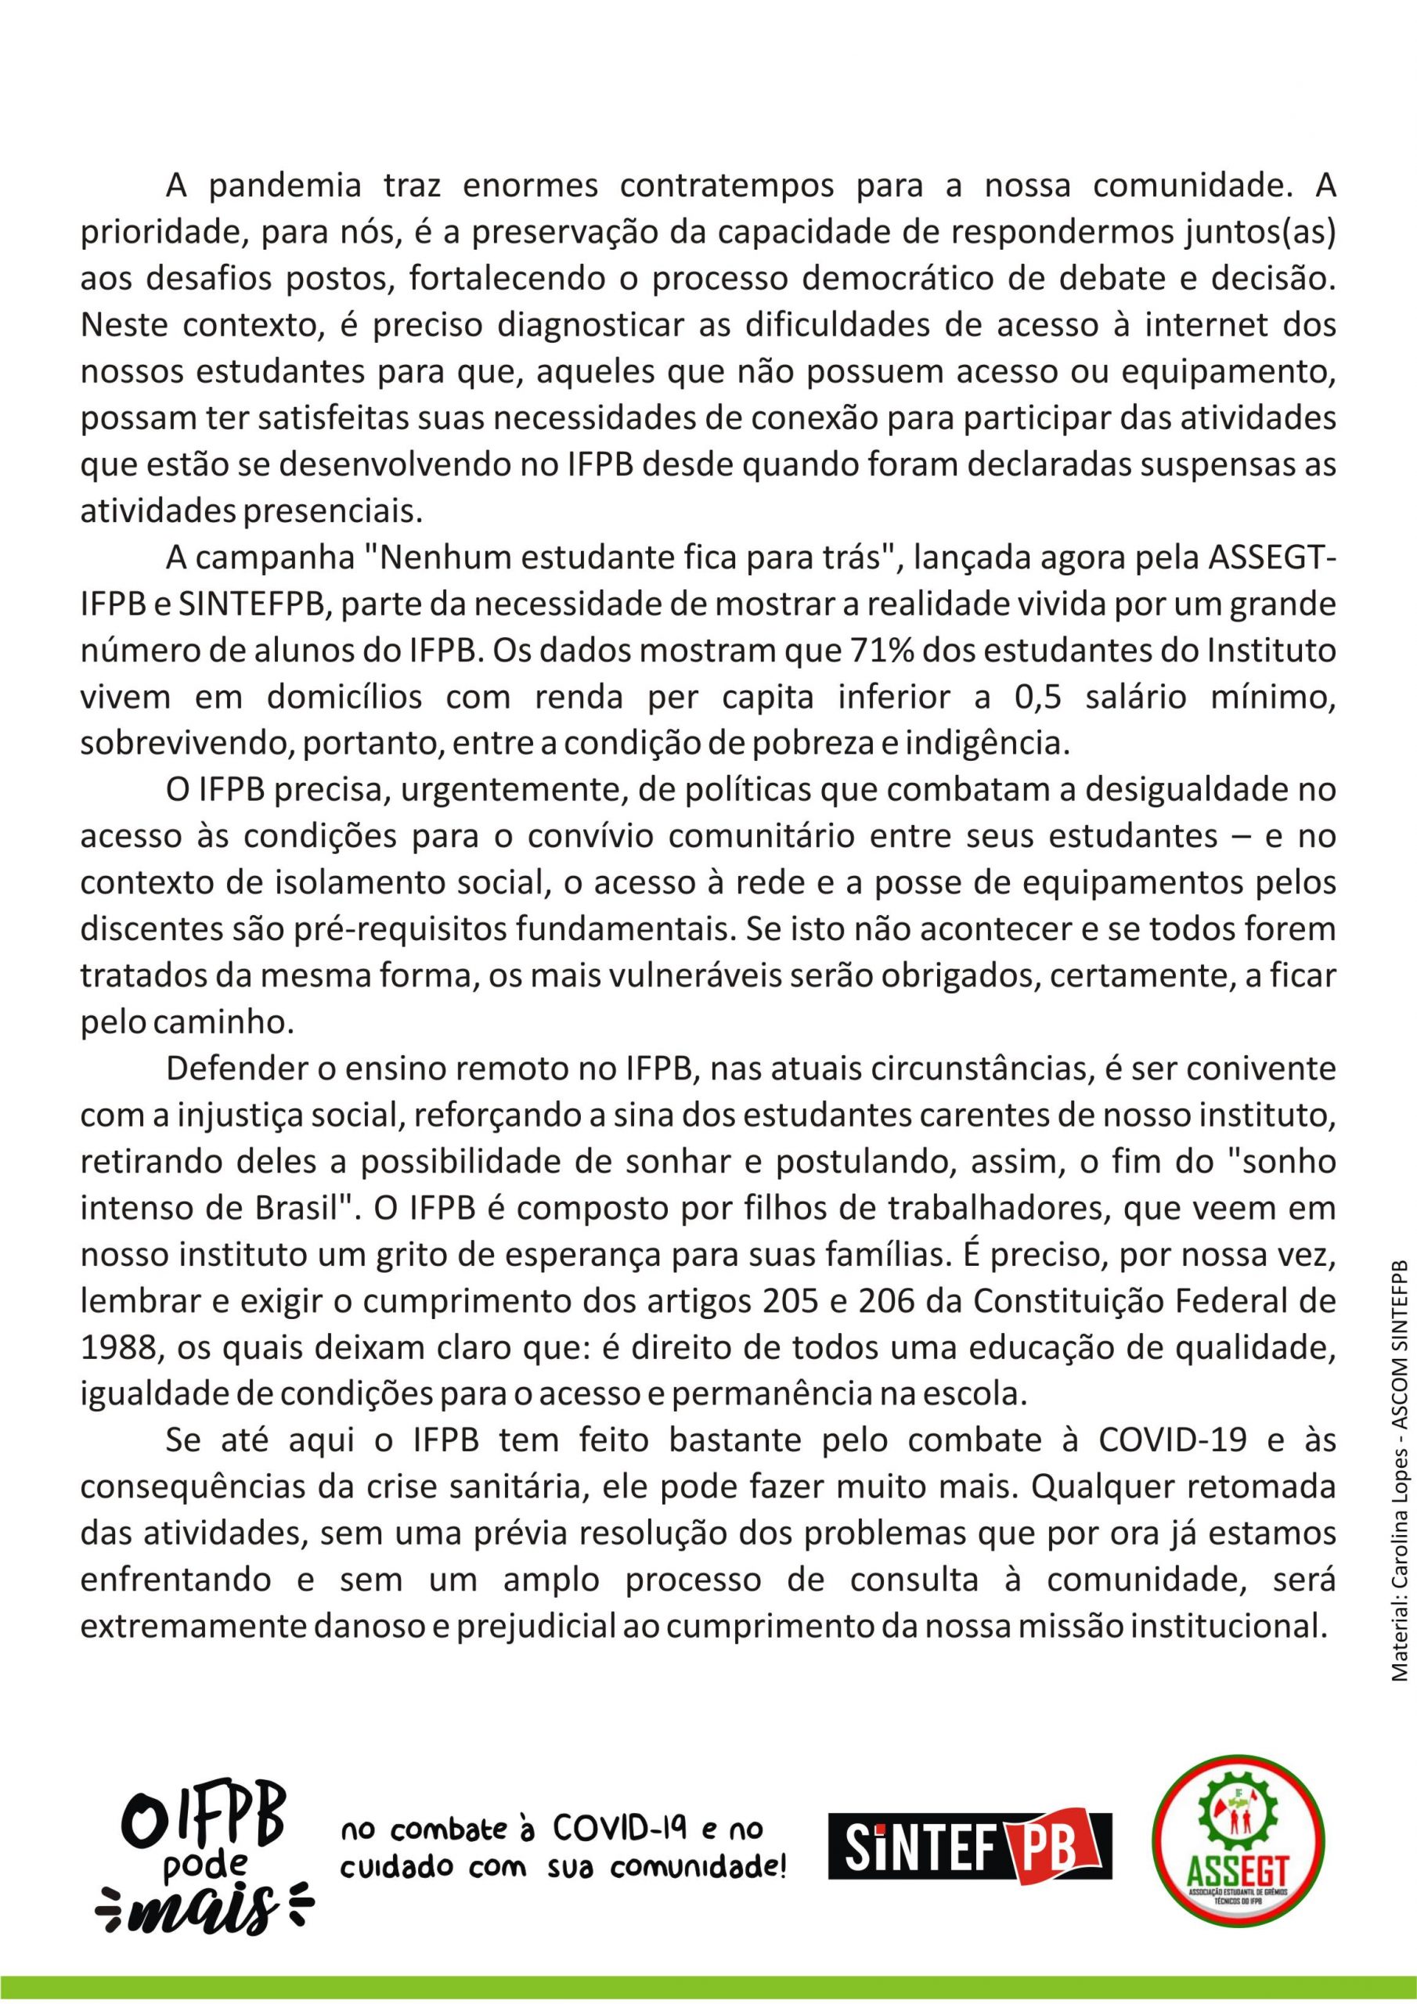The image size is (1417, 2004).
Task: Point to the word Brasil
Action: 285,1209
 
